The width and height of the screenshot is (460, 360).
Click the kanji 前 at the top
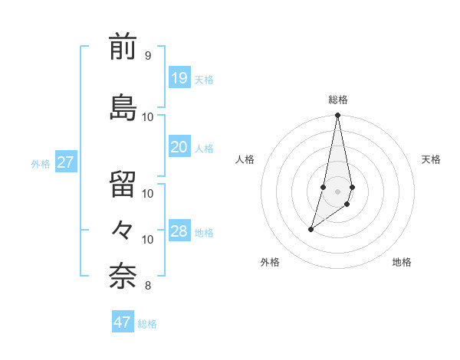pyautogui.click(x=123, y=48)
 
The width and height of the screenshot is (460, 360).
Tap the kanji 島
pyautogui.click(x=123, y=106)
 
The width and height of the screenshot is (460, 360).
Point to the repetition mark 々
pyautogui.click(x=123, y=229)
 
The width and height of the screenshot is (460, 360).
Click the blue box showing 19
pyautogui.click(x=179, y=78)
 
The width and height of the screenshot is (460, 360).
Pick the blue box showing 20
pyautogui.click(x=179, y=147)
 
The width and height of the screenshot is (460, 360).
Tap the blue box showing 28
pyautogui.click(x=179, y=231)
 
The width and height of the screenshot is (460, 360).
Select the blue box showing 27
pyautogui.click(x=65, y=162)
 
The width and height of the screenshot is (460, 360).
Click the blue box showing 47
pyautogui.click(x=123, y=322)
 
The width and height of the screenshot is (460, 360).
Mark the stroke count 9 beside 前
pyautogui.click(x=147, y=56)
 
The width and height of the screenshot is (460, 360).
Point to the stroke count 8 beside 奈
pyautogui.click(x=147, y=286)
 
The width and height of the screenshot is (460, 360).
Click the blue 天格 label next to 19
pyautogui.click(x=204, y=80)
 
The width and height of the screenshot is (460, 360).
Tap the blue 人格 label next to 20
pyautogui.click(x=204, y=149)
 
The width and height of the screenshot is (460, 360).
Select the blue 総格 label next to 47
pyautogui.click(x=147, y=324)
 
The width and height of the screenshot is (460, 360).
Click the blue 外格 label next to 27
pyautogui.click(x=41, y=164)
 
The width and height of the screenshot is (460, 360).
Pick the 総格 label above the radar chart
pyautogui.click(x=338, y=100)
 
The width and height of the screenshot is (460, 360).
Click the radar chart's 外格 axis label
pyautogui.click(x=270, y=263)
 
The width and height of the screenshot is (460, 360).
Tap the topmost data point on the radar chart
pyautogui.click(x=337, y=116)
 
